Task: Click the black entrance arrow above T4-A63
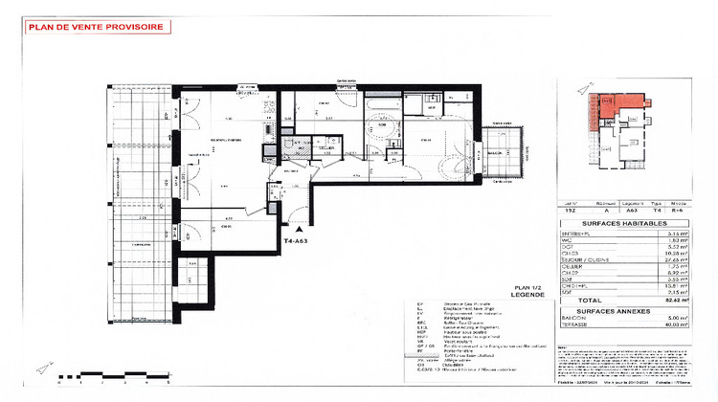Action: pos(299,231)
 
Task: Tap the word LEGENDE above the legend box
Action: pos(527,295)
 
